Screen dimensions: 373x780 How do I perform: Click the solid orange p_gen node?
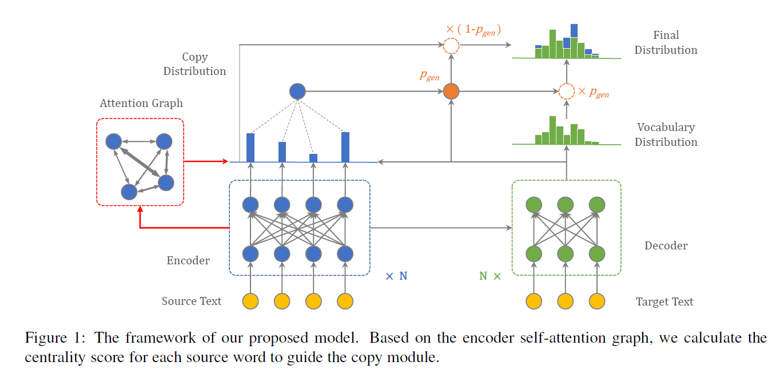coord(451,91)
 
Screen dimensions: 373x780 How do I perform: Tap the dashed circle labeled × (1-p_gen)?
coord(451,46)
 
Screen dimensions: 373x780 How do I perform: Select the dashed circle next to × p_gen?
coord(566,91)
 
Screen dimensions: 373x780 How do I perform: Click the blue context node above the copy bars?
coord(297,91)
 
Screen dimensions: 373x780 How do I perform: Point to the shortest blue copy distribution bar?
coord(313,158)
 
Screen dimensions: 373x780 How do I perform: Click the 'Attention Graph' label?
coord(141,103)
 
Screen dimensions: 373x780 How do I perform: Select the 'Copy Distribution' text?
coord(194,64)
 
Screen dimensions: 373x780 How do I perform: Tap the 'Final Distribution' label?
coord(666,43)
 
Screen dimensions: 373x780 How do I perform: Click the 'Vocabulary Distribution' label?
coord(666,134)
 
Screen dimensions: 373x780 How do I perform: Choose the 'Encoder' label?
coord(188,260)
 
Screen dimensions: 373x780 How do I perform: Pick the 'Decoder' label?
coord(666,245)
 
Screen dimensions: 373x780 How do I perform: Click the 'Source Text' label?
coord(192,301)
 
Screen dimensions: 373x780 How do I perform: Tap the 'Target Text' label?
coord(664,301)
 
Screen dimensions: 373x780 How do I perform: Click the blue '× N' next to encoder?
coord(396,276)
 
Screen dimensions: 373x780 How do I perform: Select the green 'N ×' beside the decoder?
coord(490,276)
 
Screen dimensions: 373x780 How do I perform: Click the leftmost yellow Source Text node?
coord(250,301)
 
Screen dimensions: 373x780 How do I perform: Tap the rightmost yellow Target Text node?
coord(596,301)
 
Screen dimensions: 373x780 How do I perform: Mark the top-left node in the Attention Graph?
coord(113,141)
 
